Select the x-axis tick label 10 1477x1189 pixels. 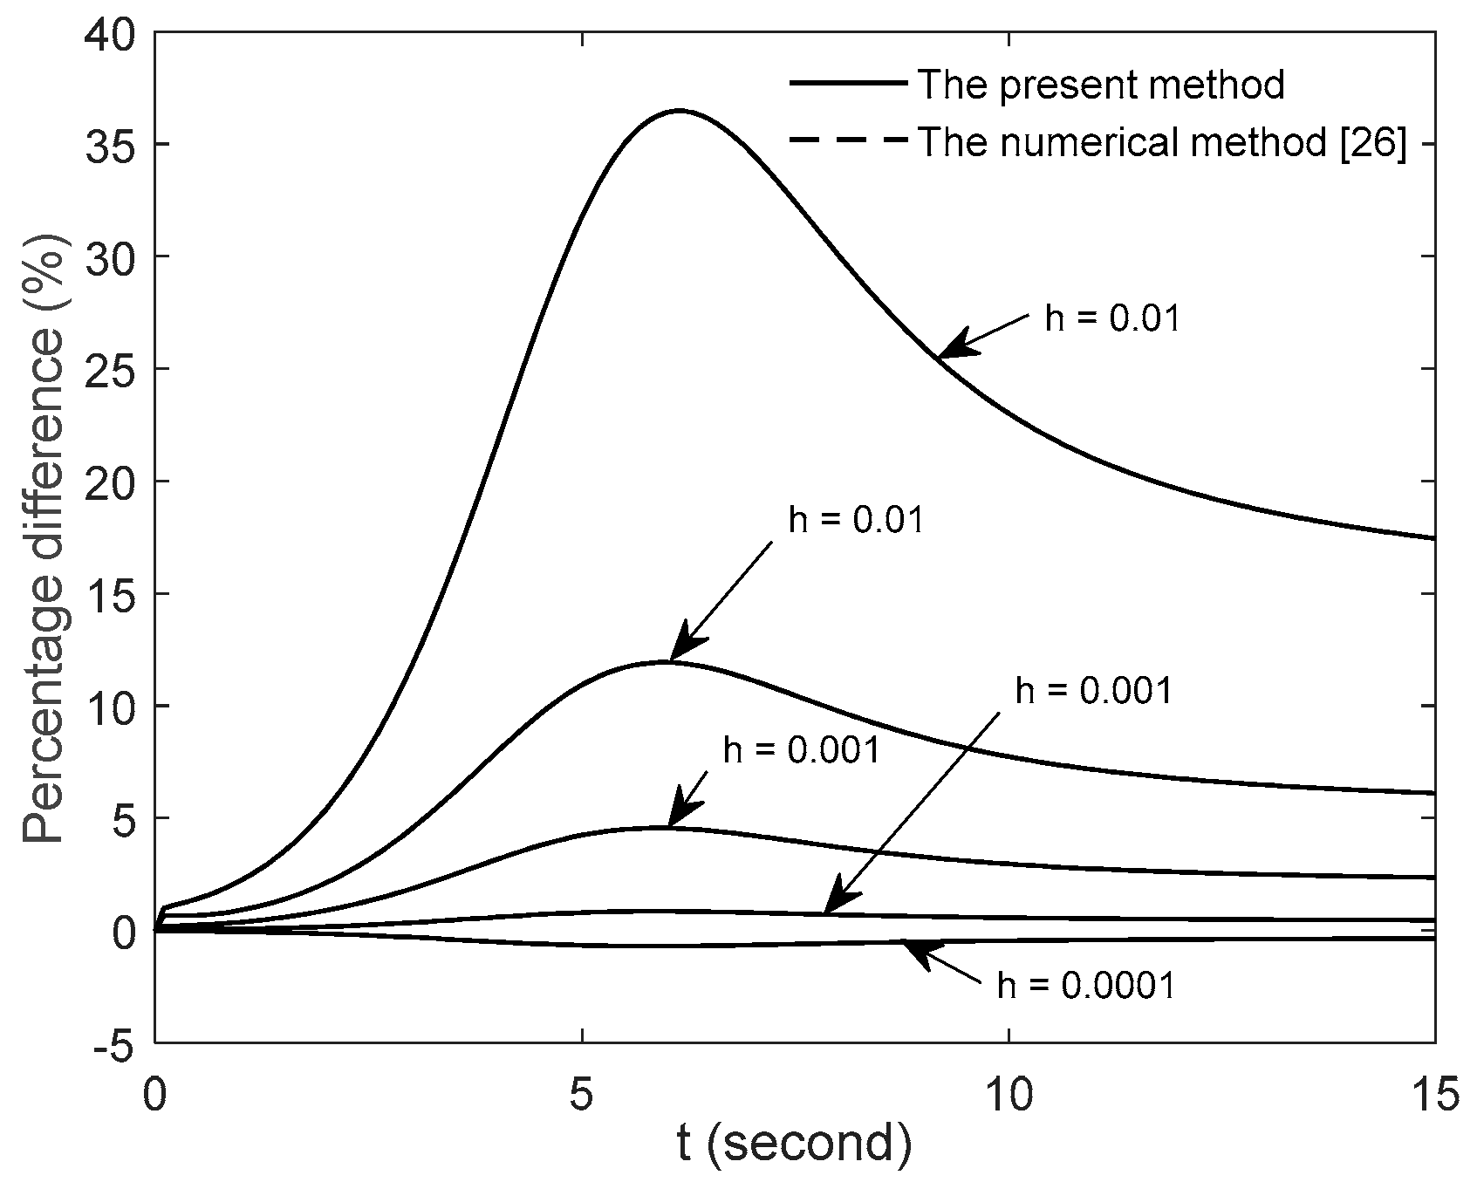point(1009,1091)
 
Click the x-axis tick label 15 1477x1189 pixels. point(1433,1091)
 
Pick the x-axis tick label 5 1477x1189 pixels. point(581,1091)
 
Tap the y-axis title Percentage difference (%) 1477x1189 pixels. point(44,536)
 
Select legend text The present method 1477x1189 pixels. point(1102,85)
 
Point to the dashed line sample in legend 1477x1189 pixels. point(847,142)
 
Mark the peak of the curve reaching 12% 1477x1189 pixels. point(665,661)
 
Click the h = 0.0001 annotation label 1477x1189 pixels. point(1086,986)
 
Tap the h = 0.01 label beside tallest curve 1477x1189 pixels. point(1112,319)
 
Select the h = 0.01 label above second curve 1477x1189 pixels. point(855,520)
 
